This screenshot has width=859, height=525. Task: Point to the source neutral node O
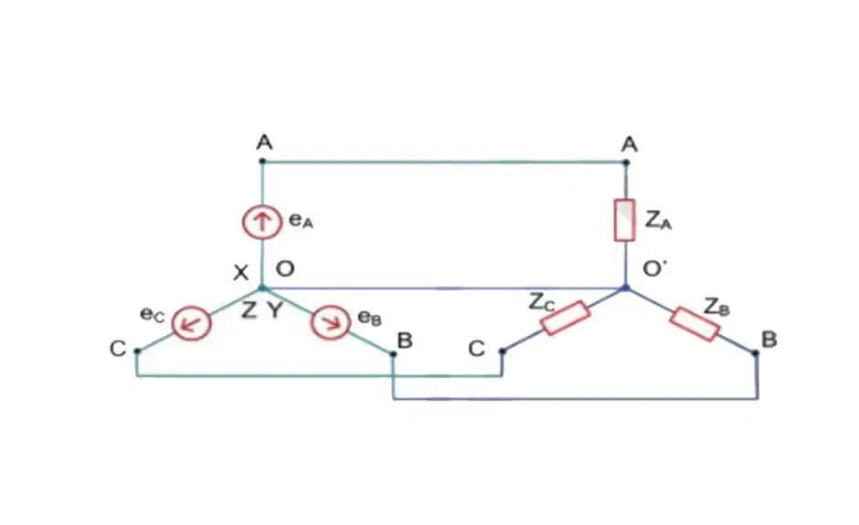[x=262, y=288]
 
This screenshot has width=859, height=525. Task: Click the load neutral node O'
[x=626, y=288]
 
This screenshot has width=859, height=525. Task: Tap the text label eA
[x=301, y=221]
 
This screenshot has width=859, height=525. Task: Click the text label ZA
[x=658, y=219]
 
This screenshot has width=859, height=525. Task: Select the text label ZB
[x=717, y=307]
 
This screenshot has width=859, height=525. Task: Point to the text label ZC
[x=542, y=302]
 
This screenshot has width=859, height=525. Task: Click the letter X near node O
[x=240, y=272]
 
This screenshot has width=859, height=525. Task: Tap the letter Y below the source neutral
[x=275, y=310]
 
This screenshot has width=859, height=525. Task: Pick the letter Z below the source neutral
[x=249, y=310]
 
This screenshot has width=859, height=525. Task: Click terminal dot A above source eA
[x=262, y=161]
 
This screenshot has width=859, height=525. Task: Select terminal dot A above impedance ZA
[x=626, y=162]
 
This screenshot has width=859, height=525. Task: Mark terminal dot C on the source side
[x=137, y=351]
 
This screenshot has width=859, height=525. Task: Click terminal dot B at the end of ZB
[x=756, y=353]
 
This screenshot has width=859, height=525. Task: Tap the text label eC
[x=153, y=314]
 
